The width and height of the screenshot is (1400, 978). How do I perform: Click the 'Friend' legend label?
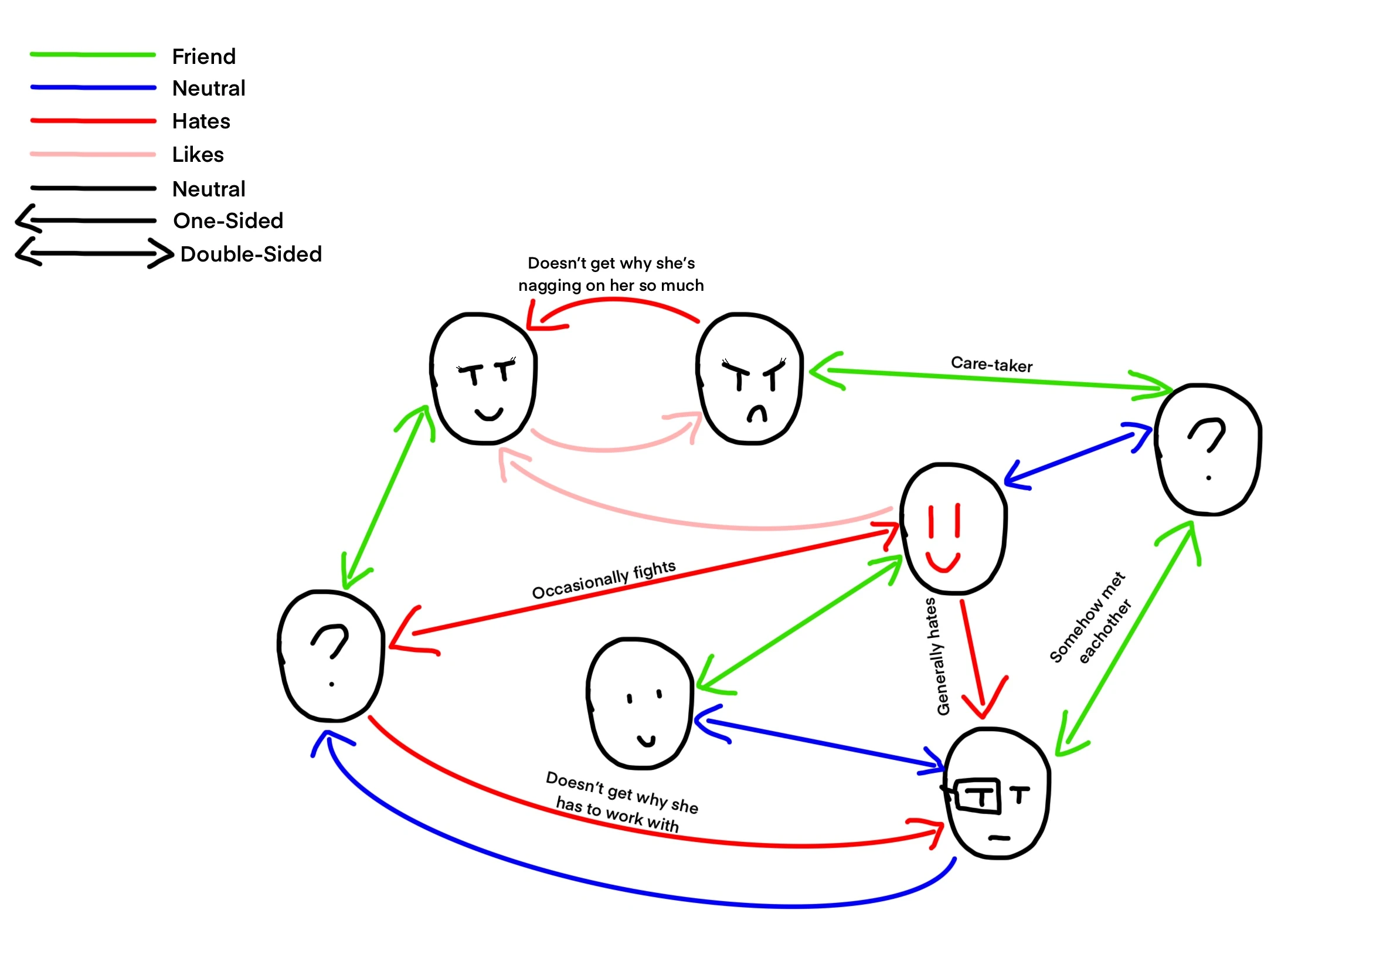203,57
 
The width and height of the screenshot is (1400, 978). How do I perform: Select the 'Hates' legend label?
201,121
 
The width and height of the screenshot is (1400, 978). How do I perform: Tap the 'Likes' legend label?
198,155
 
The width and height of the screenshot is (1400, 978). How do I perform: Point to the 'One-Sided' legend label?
229,220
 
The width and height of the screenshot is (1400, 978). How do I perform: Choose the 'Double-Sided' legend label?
252,254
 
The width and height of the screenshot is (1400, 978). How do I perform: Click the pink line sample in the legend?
93,154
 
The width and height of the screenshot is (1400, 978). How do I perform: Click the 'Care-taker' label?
991,365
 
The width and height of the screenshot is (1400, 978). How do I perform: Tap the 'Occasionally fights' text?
604,580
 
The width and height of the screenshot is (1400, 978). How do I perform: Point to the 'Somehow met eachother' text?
1090,617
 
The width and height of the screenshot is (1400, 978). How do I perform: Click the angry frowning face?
749,379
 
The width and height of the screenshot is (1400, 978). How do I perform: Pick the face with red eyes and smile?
954,528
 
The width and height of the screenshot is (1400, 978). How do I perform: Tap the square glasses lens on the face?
978,796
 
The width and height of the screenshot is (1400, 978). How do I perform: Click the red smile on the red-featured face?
943,562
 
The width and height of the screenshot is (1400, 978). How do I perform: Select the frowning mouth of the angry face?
757,414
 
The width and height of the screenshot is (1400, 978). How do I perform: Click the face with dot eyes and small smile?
640,704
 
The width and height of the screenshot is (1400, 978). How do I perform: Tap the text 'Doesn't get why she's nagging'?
611,274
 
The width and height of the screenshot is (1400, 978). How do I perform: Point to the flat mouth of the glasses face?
999,838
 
